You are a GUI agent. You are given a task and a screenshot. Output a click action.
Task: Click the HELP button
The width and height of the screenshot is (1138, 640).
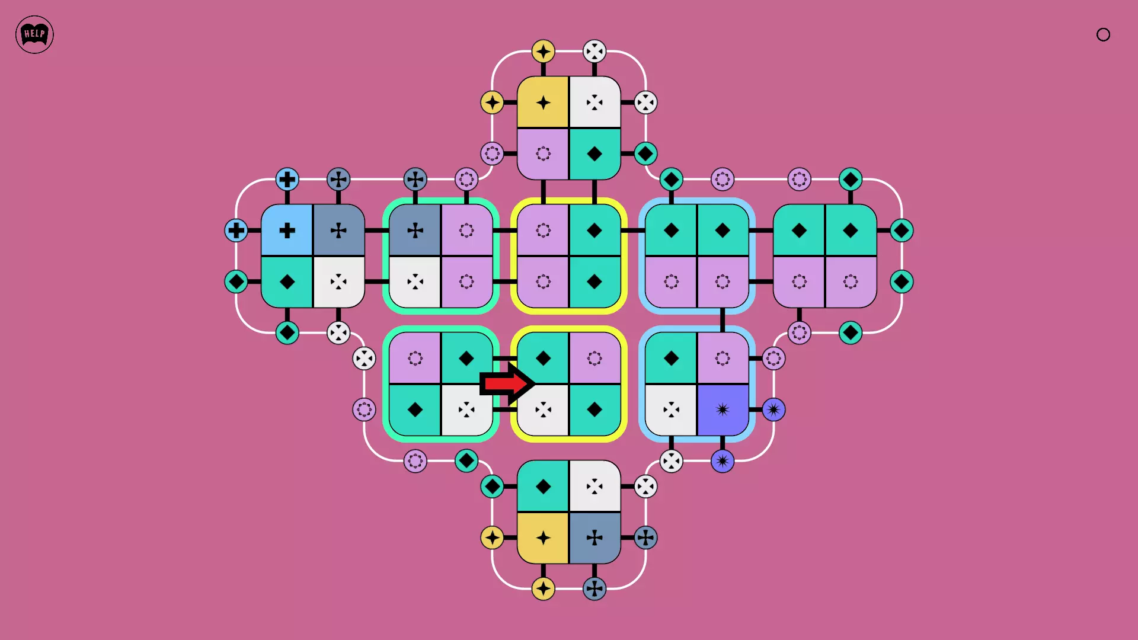tap(34, 34)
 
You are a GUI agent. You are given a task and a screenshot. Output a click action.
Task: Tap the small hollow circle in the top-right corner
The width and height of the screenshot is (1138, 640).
tap(1103, 34)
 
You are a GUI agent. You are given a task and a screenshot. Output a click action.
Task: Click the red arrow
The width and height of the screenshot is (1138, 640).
tap(507, 383)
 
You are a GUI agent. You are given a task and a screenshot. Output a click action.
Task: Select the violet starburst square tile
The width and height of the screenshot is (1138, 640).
tap(723, 409)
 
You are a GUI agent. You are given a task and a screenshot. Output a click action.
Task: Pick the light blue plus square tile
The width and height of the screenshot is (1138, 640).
tap(287, 230)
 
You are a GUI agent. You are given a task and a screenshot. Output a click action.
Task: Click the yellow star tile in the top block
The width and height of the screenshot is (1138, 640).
tap(543, 102)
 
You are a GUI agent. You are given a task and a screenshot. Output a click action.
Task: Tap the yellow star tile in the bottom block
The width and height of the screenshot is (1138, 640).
tap(543, 538)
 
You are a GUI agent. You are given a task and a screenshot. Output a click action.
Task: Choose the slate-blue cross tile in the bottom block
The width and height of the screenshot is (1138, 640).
tap(594, 538)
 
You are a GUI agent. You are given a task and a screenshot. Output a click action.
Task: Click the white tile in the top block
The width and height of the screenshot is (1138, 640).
tap(594, 102)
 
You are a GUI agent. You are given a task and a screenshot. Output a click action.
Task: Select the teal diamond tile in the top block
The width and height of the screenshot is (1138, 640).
tap(594, 154)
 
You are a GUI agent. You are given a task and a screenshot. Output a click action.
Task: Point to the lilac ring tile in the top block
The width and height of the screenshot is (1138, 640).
tap(543, 154)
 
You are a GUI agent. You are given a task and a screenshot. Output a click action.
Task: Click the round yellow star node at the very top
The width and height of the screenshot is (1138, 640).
tap(543, 51)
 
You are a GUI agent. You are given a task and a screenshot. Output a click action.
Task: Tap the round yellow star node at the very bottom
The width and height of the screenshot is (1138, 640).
tap(543, 589)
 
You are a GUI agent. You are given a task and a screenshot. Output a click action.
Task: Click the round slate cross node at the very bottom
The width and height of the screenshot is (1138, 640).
tap(594, 589)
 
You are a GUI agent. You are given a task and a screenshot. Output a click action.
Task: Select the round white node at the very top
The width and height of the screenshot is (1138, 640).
tap(594, 51)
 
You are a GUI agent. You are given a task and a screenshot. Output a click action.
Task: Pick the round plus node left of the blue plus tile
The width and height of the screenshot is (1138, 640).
tap(236, 230)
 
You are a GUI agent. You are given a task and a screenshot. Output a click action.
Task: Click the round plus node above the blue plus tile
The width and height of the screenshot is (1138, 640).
tap(287, 179)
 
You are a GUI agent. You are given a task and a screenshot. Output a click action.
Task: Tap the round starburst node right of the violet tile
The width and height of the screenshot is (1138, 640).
tap(773, 409)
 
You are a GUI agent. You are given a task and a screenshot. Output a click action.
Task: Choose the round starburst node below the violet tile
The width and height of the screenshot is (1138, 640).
tap(723, 461)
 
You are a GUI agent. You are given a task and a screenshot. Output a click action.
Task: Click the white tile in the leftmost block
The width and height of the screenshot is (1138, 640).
tap(338, 281)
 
